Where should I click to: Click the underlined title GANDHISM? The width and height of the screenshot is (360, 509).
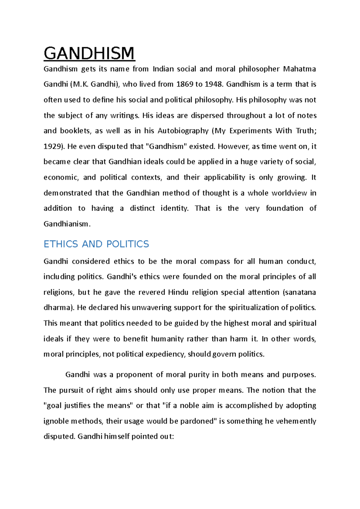[89, 53]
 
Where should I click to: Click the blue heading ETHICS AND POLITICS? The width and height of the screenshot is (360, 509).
[96, 244]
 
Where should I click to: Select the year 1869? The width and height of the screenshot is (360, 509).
[185, 84]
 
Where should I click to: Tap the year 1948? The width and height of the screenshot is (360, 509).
[214, 84]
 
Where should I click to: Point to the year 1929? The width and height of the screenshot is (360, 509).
[53, 147]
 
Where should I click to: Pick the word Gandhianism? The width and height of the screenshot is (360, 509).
[66, 224]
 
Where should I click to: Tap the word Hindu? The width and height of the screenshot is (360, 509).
[178, 292]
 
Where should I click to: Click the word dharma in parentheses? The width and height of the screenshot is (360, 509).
[57, 308]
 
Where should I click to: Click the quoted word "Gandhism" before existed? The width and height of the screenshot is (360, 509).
[166, 147]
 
